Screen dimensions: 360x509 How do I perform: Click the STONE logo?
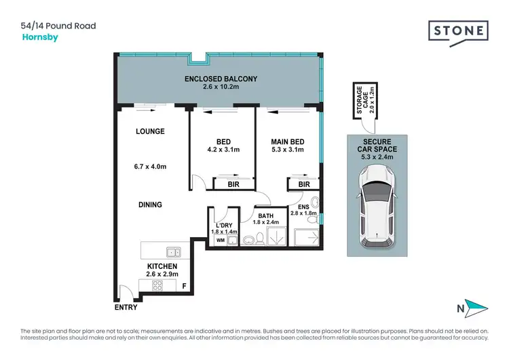coord(458,31)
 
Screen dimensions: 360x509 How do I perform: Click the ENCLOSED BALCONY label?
coord(221,79)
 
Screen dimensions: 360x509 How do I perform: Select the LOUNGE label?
coord(150,131)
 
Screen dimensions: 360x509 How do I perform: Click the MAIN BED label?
coord(287,142)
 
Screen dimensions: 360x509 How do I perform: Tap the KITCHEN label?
coord(162,266)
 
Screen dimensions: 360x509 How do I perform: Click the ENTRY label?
coord(126,307)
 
